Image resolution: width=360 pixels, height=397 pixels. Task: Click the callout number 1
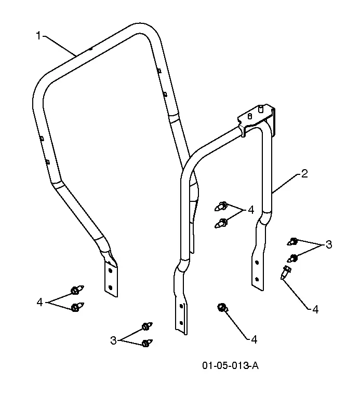tap(38, 36)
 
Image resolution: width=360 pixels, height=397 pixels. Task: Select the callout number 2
tap(304, 174)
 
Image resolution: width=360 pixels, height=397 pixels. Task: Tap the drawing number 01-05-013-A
tap(230, 366)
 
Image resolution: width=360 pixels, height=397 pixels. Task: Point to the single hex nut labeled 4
tap(222, 307)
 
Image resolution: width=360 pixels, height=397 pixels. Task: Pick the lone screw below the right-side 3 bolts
tap(286, 272)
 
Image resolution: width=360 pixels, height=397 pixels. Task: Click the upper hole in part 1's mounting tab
tap(110, 271)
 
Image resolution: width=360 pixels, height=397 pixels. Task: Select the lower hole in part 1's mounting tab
tap(110, 288)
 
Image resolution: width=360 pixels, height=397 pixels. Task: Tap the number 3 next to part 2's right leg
tap(328, 244)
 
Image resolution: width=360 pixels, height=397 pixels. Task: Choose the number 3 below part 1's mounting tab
tap(113, 340)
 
